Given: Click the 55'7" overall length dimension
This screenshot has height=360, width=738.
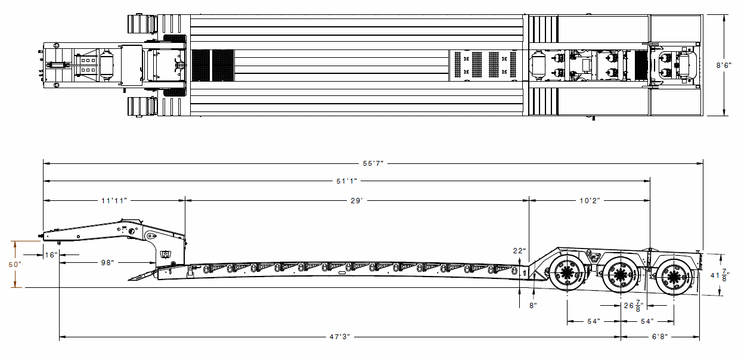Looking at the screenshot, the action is click(x=373, y=163).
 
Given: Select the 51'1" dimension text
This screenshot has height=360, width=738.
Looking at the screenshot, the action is click(x=346, y=181).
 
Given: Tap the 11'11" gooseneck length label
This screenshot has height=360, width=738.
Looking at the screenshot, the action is click(x=114, y=201).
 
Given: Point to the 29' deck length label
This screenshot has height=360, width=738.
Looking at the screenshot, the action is click(x=356, y=201).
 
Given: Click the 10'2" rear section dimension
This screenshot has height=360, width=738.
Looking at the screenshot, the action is click(x=590, y=201).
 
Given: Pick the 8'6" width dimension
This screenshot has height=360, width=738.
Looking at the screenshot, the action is click(x=724, y=65).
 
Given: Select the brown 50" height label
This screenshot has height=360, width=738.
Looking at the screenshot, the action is click(x=15, y=265).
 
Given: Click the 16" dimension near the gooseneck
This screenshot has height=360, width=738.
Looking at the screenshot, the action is click(x=51, y=255).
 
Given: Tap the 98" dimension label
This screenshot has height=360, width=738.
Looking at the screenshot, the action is click(x=107, y=262).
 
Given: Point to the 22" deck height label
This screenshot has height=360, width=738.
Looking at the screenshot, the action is click(x=519, y=251).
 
